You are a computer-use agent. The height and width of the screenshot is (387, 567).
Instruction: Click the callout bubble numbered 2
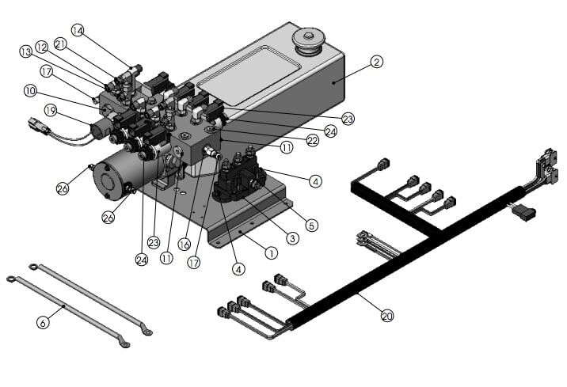[377, 61]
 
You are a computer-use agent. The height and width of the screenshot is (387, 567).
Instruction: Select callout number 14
[77, 30]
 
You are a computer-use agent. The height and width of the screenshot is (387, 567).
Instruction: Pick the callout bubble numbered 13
[25, 52]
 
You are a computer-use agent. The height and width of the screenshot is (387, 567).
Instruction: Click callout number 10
[29, 91]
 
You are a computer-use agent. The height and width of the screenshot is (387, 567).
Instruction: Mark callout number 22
[312, 140]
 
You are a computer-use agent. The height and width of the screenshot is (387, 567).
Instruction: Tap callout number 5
[311, 226]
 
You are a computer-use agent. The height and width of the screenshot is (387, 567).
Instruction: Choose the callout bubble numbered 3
[292, 237]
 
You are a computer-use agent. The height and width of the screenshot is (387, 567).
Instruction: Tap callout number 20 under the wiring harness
[387, 316]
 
